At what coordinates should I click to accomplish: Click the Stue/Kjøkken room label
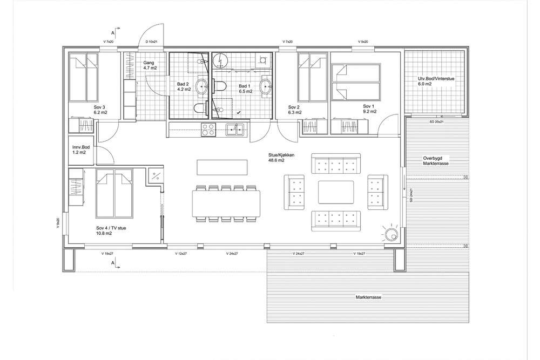click(281, 157)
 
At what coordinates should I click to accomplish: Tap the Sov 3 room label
click(100, 110)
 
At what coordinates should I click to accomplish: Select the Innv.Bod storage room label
click(81, 150)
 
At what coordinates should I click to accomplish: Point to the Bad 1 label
click(246, 89)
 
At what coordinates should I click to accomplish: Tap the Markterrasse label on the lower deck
click(369, 297)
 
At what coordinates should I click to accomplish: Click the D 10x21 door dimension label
click(151, 42)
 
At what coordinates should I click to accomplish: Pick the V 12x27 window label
click(181, 254)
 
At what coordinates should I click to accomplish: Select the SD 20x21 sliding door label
click(436, 122)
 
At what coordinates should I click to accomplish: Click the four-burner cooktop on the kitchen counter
click(208, 130)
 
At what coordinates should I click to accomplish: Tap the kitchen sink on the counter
click(235, 130)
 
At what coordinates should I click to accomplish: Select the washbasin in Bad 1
click(266, 85)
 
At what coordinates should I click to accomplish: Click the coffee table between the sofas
click(336, 192)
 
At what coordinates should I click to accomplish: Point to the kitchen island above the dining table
click(222, 167)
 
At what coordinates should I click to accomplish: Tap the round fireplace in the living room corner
click(391, 235)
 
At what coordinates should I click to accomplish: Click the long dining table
click(226, 203)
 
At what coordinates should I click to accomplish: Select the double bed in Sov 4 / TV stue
click(114, 193)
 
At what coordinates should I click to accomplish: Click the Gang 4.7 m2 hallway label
click(150, 65)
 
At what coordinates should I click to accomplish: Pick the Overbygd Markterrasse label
click(435, 161)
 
